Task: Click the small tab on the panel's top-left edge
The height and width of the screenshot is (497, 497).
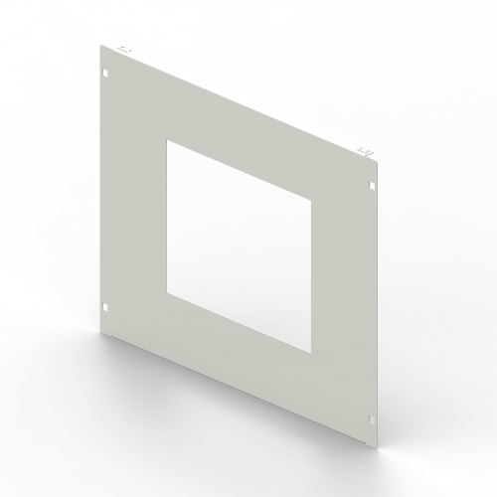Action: [122, 48]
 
